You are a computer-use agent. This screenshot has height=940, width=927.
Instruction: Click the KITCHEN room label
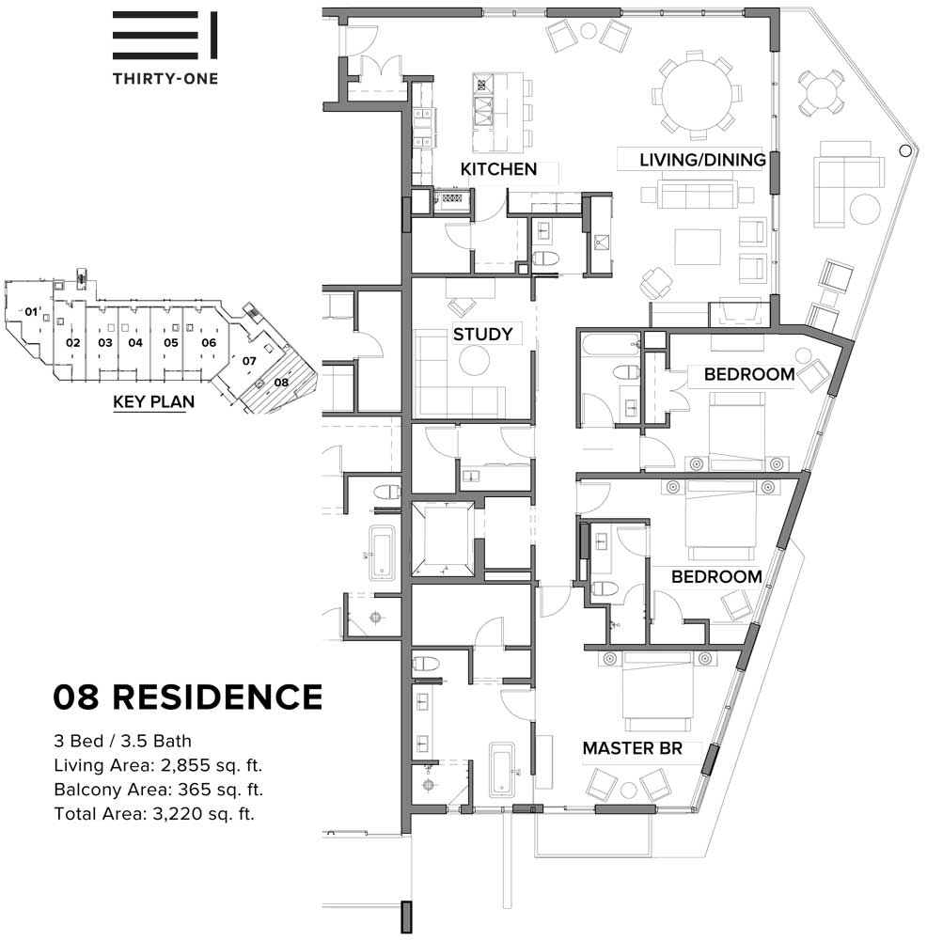pyautogui.click(x=498, y=169)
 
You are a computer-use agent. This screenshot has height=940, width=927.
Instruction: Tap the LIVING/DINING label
pyautogui.click(x=702, y=160)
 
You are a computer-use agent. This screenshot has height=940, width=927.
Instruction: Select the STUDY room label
pyautogui.click(x=482, y=334)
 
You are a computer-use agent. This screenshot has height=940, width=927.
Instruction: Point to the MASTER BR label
pyautogui.click(x=633, y=748)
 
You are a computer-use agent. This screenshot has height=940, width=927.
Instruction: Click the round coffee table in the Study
pyautogui.click(x=474, y=361)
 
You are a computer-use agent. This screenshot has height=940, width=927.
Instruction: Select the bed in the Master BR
pyautogui.click(x=658, y=691)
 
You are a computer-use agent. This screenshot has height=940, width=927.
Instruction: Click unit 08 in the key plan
pyautogui.click(x=281, y=382)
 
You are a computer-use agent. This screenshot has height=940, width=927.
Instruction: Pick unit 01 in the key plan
pyautogui.click(x=31, y=312)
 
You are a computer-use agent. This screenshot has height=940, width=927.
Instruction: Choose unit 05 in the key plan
pyautogui.click(x=171, y=343)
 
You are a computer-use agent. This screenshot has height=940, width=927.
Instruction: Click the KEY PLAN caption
pyautogui.click(x=153, y=401)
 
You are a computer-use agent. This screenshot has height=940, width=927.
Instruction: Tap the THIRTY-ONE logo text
pyautogui.click(x=165, y=78)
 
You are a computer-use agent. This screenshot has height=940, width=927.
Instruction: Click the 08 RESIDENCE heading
pyautogui.click(x=188, y=697)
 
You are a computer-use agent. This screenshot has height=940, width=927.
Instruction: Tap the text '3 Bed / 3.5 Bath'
pyautogui.click(x=122, y=741)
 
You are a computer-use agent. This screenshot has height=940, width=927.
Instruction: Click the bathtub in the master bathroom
pyautogui.click(x=502, y=771)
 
